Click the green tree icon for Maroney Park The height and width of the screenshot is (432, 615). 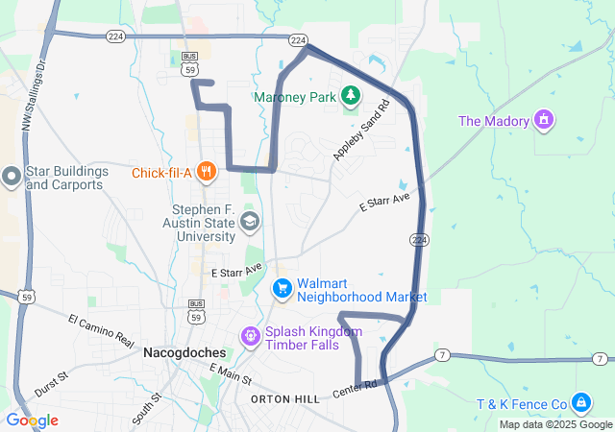point(352,95)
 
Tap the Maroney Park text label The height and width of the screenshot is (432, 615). point(296,97)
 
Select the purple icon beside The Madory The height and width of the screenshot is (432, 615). point(546,120)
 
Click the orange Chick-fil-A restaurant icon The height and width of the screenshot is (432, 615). point(206,173)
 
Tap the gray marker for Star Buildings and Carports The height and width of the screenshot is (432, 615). point(11,177)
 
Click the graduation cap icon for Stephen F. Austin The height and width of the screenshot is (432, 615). point(249,223)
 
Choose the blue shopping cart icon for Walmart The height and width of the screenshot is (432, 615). point(282,288)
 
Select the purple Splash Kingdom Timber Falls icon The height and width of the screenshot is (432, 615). point(250,336)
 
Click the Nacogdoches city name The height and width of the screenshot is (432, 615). point(184,352)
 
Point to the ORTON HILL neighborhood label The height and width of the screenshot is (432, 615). point(284,398)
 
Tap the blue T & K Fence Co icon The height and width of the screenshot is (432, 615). point(581,402)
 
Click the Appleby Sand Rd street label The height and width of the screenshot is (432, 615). point(360,133)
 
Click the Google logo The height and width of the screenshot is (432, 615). point(31,420)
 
